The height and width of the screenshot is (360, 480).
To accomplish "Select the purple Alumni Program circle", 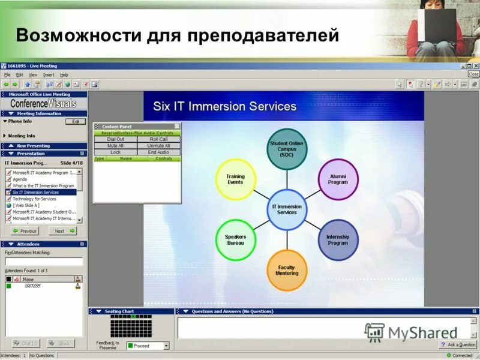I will (338, 179).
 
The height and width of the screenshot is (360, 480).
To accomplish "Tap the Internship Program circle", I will (338, 240).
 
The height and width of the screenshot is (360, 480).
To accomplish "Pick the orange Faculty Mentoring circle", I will (287, 270).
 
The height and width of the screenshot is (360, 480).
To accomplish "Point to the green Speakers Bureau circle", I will (236, 239).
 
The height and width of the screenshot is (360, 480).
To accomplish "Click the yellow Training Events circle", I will (235, 179).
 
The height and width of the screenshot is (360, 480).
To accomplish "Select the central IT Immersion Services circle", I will (287, 209).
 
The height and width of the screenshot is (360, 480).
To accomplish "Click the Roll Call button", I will (158, 139).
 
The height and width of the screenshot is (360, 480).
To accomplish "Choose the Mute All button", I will (115, 146).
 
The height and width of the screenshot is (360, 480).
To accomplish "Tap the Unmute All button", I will (158, 146).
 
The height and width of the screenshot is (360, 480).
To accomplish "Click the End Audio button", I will (158, 152).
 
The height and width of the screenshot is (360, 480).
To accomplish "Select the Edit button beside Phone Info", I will (76, 121).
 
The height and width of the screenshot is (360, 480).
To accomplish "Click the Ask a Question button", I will (458, 345).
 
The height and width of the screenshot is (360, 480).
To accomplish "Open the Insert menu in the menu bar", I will (49, 75).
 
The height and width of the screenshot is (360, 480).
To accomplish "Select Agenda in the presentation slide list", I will (20, 179).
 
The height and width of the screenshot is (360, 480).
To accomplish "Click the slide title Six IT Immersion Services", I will (224, 107).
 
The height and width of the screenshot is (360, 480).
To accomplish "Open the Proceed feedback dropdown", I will (166, 346).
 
